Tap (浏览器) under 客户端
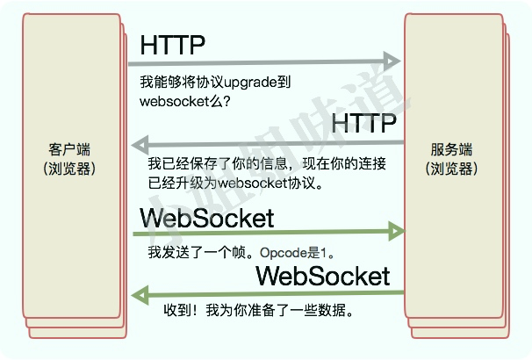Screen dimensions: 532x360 click(69, 168)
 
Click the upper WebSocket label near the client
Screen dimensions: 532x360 click(207, 218)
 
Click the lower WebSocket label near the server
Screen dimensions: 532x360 click(322, 276)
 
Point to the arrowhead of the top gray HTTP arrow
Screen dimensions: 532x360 click(392, 62)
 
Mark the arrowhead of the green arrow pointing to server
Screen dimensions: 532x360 click(394, 233)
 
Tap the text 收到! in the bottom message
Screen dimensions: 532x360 click(159, 310)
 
